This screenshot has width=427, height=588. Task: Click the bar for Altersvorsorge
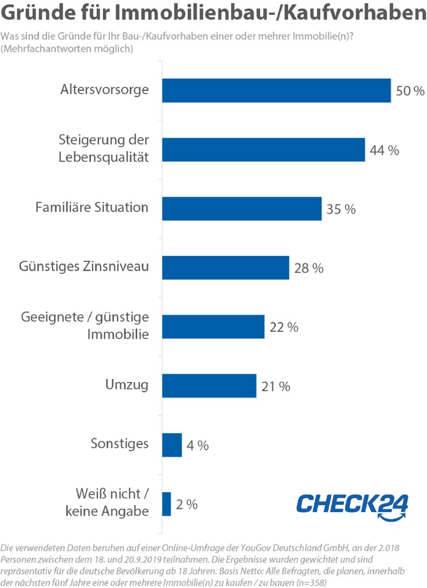pos(277,91)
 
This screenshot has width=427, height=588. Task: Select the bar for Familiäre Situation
pos(242,208)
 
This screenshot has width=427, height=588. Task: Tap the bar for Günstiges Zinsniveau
pos(226,267)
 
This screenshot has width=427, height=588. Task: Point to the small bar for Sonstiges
pos(172,445)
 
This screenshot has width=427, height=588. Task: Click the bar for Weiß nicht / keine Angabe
pos(167,504)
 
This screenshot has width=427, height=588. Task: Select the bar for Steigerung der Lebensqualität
pos(263,150)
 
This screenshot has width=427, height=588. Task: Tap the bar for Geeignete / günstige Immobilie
pos(213,326)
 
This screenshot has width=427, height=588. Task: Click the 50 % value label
pos(410,92)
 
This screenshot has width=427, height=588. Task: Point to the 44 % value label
pos(385,151)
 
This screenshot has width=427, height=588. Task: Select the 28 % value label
pos(309,268)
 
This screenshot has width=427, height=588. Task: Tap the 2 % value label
pos(186,504)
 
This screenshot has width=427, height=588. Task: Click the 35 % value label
pos(341,209)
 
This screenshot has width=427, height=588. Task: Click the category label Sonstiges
pos(119,445)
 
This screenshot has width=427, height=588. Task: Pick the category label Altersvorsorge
pos(104,90)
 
